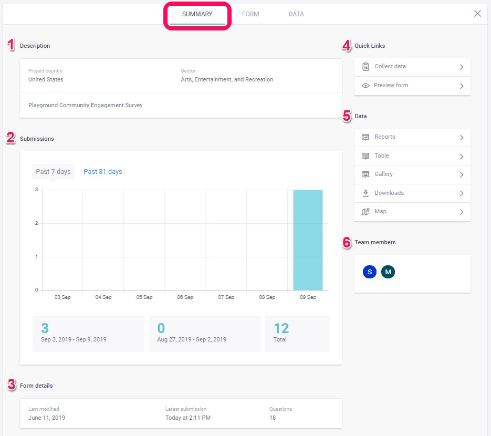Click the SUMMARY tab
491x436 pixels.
[x=197, y=14]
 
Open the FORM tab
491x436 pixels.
[x=250, y=14]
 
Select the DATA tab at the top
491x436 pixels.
[x=296, y=14]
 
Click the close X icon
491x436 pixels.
[x=477, y=14]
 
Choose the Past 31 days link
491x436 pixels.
[x=103, y=172]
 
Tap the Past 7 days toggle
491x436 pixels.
[x=53, y=172]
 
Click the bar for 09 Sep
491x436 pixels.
[x=308, y=240]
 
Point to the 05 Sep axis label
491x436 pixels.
[x=144, y=297]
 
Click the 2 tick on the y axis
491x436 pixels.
[x=36, y=223]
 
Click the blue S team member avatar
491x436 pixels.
[x=370, y=272]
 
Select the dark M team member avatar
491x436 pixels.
[x=388, y=272]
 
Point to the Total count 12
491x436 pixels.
[x=281, y=329]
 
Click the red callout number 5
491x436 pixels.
[x=347, y=116]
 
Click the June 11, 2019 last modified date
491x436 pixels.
[x=47, y=418]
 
